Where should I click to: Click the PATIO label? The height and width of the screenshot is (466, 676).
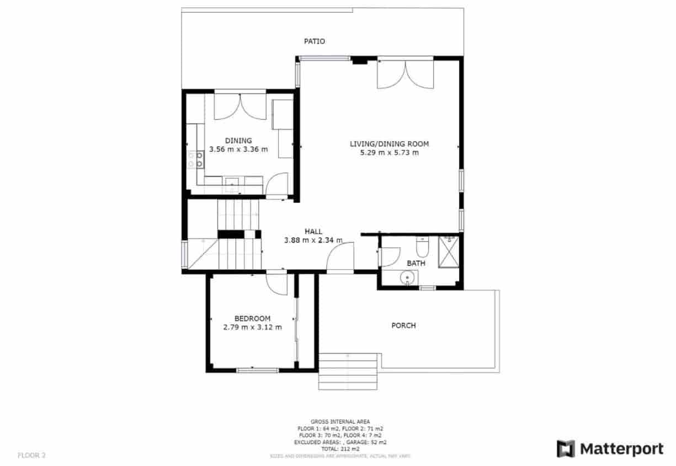(315, 41)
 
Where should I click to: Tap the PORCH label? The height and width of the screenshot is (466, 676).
(403, 325)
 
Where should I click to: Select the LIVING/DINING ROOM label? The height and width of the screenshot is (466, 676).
(389, 144)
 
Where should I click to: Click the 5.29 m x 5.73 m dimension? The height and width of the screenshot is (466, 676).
(389, 153)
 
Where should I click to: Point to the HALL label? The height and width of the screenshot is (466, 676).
(313, 232)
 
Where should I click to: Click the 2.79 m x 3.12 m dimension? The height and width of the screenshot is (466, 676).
(252, 327)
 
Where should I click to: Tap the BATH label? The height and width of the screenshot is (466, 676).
(416, 263)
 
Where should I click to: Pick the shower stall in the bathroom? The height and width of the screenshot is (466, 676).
(450, 252)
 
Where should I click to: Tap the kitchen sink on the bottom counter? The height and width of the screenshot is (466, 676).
(232, 184)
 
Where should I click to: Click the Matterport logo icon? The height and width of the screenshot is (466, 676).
(566, 449)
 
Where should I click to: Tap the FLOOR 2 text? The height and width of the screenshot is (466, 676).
(31, 455)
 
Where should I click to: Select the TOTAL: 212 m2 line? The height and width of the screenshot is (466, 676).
(340, 449)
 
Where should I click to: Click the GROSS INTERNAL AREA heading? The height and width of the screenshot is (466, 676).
(340, 421)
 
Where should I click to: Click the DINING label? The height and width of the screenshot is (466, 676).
(238, 140)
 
